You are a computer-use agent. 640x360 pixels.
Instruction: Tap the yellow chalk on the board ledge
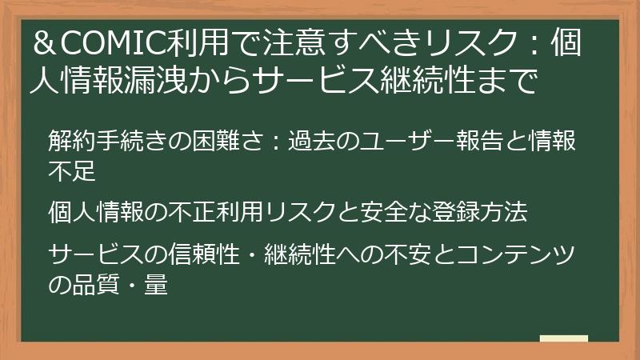click(x=563, y=338)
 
